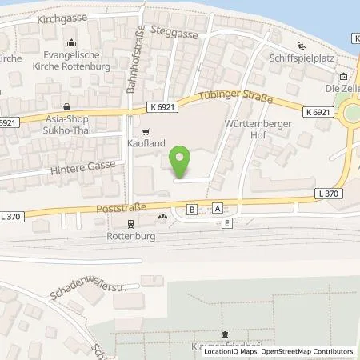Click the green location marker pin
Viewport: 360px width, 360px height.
tap(182, 161)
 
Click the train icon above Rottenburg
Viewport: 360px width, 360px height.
tap(127, 224)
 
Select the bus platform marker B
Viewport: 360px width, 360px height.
tap(191, 209)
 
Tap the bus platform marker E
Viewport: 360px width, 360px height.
tap(228, 223)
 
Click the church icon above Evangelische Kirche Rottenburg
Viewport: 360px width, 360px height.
tap(73, 42)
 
